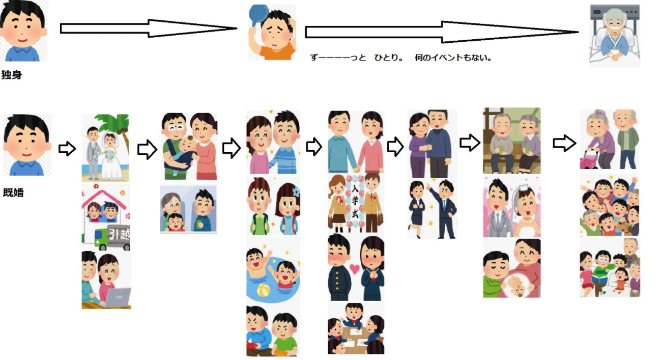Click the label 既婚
pos(13,193)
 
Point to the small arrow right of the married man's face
pos(67,149)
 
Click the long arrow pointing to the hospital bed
pos(441,32)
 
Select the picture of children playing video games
pos(273,331)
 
